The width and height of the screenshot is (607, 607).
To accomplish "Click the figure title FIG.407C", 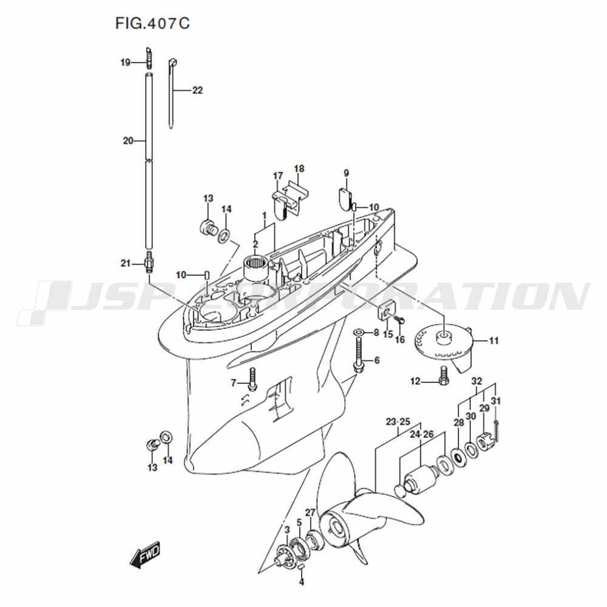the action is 152,23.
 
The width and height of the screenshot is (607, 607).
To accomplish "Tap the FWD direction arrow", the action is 145,555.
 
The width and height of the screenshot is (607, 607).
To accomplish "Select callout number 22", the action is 197,90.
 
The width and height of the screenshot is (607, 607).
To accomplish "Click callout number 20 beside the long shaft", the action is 128,141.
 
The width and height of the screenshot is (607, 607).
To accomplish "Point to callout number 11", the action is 494,341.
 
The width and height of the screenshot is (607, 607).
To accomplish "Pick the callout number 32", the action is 476,381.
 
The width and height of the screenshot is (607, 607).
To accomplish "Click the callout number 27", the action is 310,513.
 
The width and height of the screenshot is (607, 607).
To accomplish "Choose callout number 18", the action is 299,168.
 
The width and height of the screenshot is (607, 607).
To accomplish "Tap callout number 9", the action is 346,173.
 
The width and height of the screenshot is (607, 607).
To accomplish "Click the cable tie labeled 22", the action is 172,93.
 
